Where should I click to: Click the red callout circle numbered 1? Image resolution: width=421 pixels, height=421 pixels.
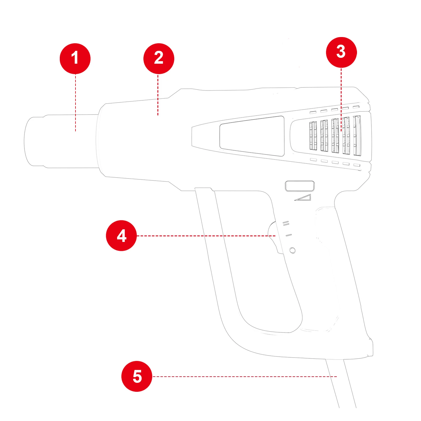[75, 58]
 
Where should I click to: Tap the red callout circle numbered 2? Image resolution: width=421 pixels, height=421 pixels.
[159, 58]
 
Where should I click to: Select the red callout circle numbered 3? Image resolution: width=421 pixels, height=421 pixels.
[341, 52]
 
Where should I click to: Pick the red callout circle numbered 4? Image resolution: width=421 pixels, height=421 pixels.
[121, 235]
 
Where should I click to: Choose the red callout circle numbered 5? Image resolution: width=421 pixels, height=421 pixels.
[137, 376]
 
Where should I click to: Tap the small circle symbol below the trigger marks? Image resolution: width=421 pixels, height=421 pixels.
[292, 250]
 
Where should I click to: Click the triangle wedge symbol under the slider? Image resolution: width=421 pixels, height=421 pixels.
[304, 198]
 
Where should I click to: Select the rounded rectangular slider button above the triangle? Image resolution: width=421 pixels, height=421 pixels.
[299, 186]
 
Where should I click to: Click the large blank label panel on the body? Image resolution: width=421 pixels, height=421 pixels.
[252, 136]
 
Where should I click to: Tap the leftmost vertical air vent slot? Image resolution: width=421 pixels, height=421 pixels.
[313, 136]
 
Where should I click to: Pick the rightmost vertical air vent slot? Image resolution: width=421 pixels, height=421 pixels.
[357, 136]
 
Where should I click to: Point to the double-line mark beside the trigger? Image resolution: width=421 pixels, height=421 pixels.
[286, 223]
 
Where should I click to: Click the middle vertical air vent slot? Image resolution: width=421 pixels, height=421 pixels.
[335, 136]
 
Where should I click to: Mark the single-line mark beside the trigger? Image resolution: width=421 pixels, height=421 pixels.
[289, 235]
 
